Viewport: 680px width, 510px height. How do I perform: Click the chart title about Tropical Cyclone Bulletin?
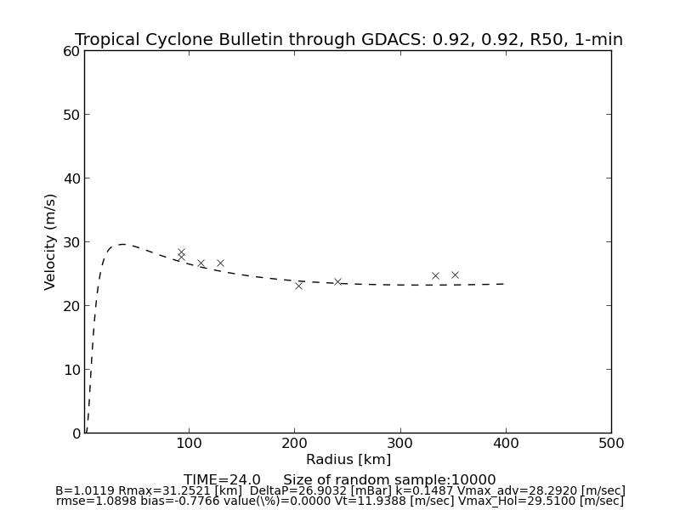tap(348, 40)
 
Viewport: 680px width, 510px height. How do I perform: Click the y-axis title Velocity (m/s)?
tap(51, 241)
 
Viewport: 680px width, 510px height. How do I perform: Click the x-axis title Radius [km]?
tap(348, 460)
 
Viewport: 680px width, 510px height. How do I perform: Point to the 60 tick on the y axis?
tap(71, 51)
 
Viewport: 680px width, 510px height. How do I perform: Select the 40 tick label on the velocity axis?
tap(71, 178)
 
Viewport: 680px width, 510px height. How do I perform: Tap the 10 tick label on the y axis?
tap(71, 370)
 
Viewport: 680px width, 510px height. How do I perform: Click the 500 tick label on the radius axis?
tap(611, 443)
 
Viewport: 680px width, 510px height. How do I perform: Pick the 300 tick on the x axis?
tap(400, 443)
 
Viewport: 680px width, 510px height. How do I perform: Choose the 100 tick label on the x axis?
tap(189, 443)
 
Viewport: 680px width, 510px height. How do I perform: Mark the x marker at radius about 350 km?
tap(455, 275)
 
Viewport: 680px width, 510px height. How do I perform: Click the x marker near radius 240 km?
tap(337, 281)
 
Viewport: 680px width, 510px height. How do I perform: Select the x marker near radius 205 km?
tap(298, 286)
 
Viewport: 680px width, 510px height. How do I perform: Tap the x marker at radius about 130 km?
tap(220, 263)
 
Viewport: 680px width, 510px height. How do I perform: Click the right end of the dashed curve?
tap(505, 284)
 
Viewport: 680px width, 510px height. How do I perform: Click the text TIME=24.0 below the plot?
tap(222, 480)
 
